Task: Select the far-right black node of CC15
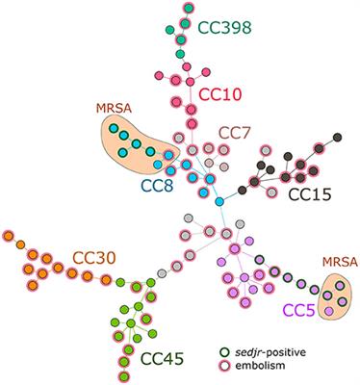[336, 138]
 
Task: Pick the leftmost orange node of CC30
[8, 235]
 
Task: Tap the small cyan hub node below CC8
[219, 201]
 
